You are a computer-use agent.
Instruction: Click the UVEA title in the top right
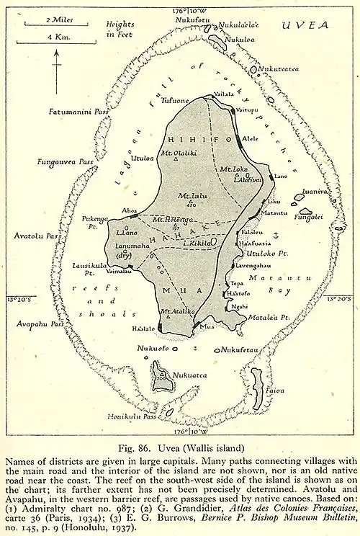pyautogui.click(x=305, y=24)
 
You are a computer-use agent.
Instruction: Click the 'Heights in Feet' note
pyautogui.click(x=120, y=29)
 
